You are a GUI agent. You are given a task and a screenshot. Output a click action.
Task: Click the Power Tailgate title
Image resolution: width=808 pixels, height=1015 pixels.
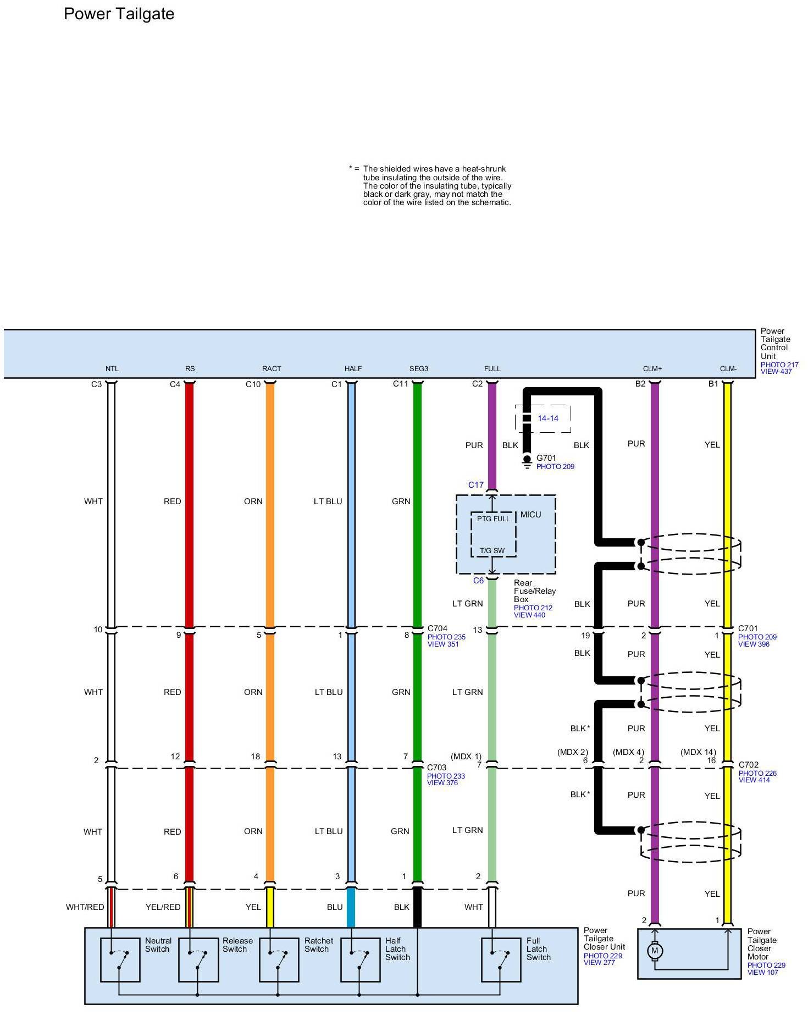click(x=119, y=14)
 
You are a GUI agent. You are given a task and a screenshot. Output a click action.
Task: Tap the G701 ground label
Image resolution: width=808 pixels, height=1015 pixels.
click(x=546, y=457)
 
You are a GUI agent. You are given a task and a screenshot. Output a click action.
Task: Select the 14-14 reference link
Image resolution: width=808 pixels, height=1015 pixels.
click(x=547, y=418)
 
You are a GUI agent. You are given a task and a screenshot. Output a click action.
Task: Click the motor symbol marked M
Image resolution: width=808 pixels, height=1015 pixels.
click(x=654, y=950)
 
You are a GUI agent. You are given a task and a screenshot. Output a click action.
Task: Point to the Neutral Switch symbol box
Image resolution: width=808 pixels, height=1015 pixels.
click(x=120, y=959)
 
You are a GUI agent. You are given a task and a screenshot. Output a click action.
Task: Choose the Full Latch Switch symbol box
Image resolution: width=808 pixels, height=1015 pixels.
click(x=501, y=959)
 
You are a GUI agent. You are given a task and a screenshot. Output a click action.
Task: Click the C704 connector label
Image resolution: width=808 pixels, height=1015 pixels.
click(x=438, y=628)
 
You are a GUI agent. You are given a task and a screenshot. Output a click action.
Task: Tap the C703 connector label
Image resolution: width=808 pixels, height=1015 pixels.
click(x=437, y=768)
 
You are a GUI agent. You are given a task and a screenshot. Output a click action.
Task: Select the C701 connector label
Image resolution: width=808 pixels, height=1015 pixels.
click(x=748, y=628)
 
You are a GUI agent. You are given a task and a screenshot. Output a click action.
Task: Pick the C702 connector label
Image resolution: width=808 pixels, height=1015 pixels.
click(x=748, y=765)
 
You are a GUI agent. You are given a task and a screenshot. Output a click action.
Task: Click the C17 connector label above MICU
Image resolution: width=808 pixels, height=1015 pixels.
click(x=476, y=485)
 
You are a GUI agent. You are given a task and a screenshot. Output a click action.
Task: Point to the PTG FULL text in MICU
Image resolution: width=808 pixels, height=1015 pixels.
click(x=493, y=518)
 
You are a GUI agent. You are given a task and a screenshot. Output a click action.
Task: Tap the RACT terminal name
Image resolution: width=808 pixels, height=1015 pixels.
click(x=272, y=369)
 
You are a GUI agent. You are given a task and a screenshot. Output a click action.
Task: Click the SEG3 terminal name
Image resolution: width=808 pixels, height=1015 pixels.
click(x=418, y=369)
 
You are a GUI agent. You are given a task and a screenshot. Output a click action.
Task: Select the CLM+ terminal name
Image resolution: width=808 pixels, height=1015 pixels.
click(x=652, y=369)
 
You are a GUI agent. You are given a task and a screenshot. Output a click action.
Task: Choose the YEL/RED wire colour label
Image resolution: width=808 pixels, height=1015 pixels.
click(x=163, y=907)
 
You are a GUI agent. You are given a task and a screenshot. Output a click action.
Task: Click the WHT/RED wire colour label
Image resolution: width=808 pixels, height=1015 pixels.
click(x=85, y=907)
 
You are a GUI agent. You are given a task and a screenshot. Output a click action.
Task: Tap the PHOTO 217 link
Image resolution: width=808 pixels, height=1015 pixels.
click(x=779, y=365)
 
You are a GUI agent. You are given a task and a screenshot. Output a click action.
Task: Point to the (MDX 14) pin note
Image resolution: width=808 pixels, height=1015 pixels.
click(x=698, y=752)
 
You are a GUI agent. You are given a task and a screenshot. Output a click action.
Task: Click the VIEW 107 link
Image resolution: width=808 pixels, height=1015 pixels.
click(x=763, y=973)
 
